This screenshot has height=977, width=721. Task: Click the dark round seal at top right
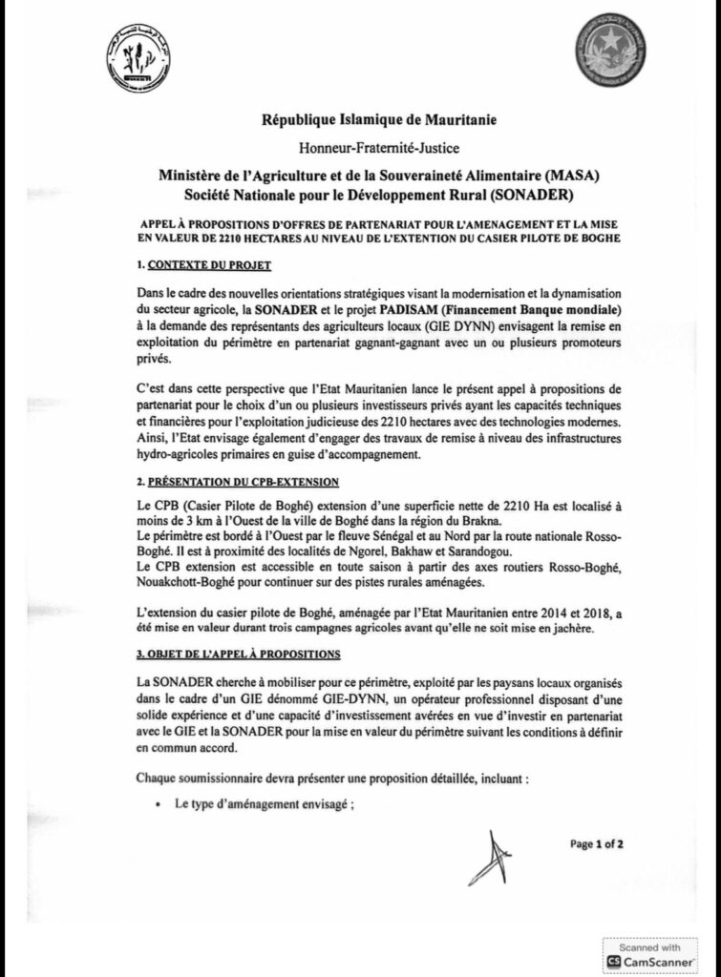click(x=609, y=51)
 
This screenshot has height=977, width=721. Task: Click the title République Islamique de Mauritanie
click(x=366, y=120)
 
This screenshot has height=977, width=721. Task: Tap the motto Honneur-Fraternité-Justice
click(x=366, y=148)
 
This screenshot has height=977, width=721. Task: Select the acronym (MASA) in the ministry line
click(x=575, y=176)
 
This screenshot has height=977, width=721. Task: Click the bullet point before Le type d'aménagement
click(x=158, y=804)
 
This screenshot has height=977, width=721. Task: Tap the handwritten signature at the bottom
click(x=491, y=857)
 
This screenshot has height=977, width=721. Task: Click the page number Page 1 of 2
click(x=596, y=844)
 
